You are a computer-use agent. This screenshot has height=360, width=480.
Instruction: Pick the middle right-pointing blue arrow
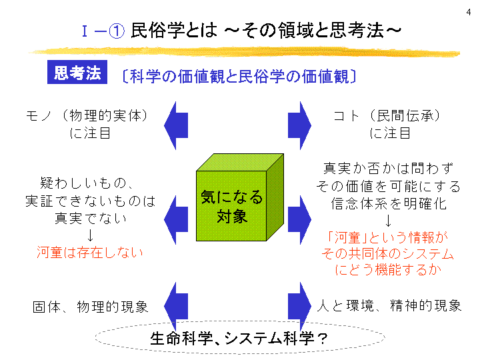click(300, 216)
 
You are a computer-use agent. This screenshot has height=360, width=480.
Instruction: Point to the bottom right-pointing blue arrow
click(300, 305)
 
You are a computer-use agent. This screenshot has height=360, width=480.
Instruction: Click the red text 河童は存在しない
click(90, 253)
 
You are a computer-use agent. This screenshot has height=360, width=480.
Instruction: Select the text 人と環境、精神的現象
click(389, 306)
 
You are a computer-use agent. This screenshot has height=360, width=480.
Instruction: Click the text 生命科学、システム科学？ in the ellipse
click(239, 338)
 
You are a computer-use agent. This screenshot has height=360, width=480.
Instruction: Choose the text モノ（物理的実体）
click(90, 115)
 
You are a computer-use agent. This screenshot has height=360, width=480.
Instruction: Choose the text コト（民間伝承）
click(390, 115)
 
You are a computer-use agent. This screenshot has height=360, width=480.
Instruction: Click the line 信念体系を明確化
click(389, 203)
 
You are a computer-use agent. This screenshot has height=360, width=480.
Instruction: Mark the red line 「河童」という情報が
click(389, 237)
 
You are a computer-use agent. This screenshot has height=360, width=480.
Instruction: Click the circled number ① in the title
click(117, 31)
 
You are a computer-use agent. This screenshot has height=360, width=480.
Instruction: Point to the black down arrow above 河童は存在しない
click(90, 235)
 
